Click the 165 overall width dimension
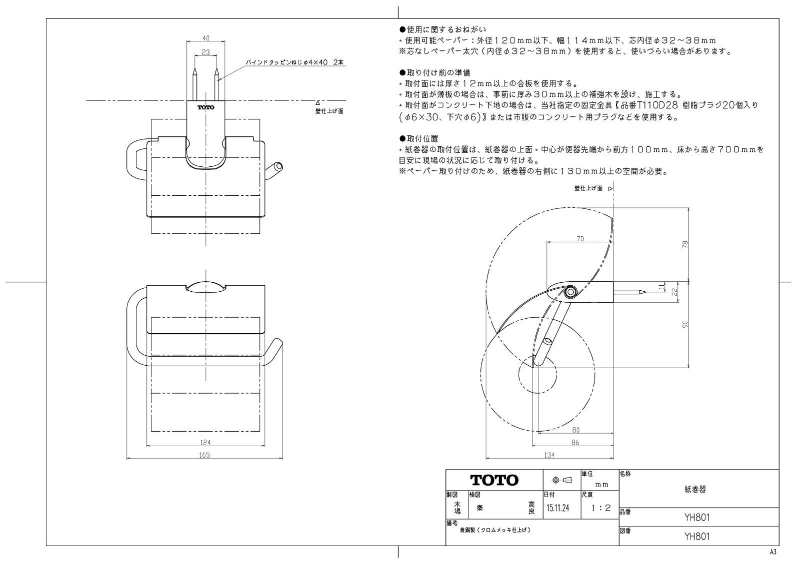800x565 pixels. click(x=204, y=455)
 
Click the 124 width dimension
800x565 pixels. click(x=205, y=442)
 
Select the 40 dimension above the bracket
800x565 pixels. click(x=206, y=38)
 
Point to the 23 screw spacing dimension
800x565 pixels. click(x=205, y=51)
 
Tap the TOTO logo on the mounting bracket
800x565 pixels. click(x=205, y=107)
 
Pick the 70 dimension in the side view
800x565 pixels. click(x=579, y=239)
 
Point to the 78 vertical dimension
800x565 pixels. click(x=685, y=244)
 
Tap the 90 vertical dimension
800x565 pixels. click(x=685, y=324)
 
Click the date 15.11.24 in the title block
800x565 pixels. click(x=557, y=508)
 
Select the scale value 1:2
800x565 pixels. click(x=600, y=508)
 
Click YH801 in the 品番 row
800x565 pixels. click(x=696, y=518)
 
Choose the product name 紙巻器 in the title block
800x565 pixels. click(x=695, y=490)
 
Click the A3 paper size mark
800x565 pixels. click(x=773, y=552)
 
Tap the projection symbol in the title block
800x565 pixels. click(x=561, y=480)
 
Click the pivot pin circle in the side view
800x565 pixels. click(x=569, y=291)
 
